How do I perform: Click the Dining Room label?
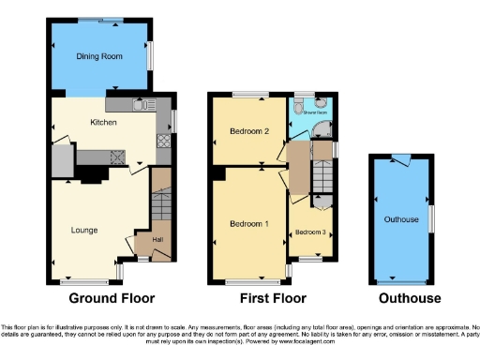pyautogui.click(x=100, y=57)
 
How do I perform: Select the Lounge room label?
pyautogui.click(x=84, y=229)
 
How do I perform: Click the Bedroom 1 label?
pyautogui.click(x=248, y=224)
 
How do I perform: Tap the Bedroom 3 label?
pyautogui.click(x=309, y=232)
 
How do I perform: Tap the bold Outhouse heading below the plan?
pyautogui.click(x=410, y=299)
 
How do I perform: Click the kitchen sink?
pyautogui.click(x=140, y=104)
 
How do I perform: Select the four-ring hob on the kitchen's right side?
pyautogui.click(x=162, y=142)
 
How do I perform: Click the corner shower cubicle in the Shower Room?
pyautogui.click(x=322, y=131)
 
